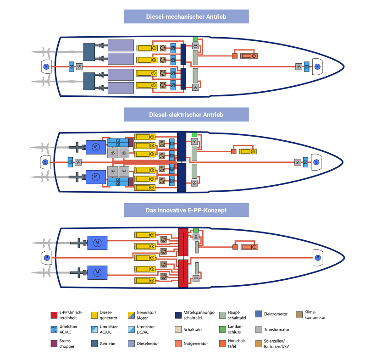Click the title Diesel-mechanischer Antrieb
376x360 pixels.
pyautogui.click(x=186, y=17)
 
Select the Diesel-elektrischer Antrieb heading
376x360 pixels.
pyautogui.click(x=186, y=115)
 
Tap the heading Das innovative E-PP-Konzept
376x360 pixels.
pyautogui.click(x=186, y=210)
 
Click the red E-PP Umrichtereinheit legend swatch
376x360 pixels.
pyautogui.click(x=54, y=315)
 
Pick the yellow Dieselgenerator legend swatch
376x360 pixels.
pyautogui.click(x=94, y=315)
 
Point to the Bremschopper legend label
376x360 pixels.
pyautogui.click(x=66, y=343)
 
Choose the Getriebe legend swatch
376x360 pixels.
pyautogui.click(x=94, y=343)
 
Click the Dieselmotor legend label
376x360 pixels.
pyautogui.click(x=148, y=343)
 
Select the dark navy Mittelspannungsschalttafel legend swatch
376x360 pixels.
pyautogui.click(x=178, y=315)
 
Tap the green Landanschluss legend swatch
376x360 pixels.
pyautogui.click(x=222, y=329)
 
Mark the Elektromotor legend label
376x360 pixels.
pyautogui.click(x=276, y=314)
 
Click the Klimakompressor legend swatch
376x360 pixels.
pyautogui.click(x=300, y=314)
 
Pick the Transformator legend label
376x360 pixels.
pyautogui.click(x=276, y=329)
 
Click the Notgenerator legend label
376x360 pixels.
pyautogui.click(x=195, y=343)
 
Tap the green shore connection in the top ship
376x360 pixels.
pyautogui.click(x=195, y=39)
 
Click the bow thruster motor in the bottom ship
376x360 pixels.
pyautogui.click(x=317, y=258)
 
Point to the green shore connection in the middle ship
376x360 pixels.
pyautogui.click(x=194, y=135)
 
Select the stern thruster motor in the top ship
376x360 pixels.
pyautogui.click(x=46, y=67)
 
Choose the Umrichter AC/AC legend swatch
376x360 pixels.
pyautogui.click(x=54, y=329)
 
